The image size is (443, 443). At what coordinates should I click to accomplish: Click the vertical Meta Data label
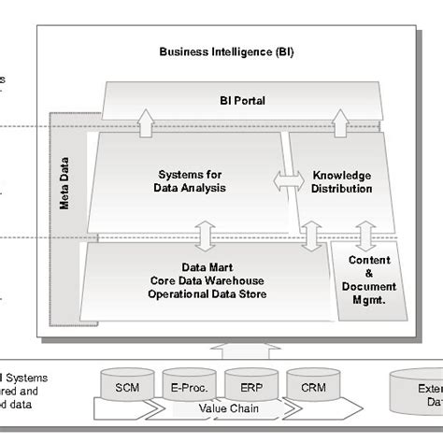pos(64,188)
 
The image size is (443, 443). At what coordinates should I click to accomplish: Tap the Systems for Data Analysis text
pos(189,180)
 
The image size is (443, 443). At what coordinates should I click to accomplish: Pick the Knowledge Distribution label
pos(342,181)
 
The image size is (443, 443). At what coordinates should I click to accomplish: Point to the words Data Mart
pos(207,266)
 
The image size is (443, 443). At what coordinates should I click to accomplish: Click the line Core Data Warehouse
pos(207,280)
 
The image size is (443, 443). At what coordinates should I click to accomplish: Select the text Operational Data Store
pos(207,294)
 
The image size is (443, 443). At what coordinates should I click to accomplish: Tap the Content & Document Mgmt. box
pos(368,281)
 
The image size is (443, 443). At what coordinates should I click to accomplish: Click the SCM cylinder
pos(128,386)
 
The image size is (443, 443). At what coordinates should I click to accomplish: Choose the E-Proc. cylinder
pos(186,386)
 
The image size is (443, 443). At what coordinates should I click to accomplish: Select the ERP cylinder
pos(245,386)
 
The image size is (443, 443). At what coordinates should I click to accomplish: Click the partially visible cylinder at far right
pos(416,391)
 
